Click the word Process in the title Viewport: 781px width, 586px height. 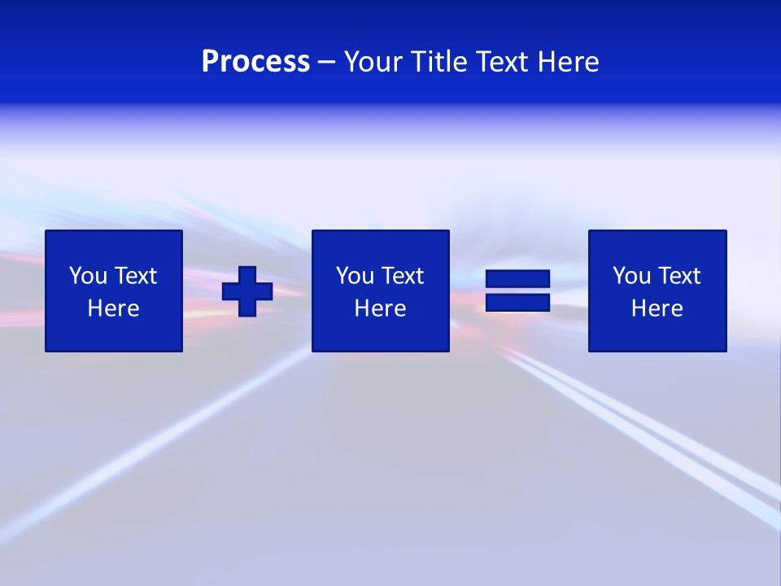tap(255, 62)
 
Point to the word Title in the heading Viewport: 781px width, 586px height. tap(438, 62)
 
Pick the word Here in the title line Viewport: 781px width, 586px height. tap(569, 62)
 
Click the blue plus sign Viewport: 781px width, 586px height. tap(247, 291)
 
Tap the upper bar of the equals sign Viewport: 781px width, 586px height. tap(517, 279)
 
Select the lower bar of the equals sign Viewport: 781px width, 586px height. tap(517, 302)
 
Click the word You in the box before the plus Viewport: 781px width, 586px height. tap(87, 276)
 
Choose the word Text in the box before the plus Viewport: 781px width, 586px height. tap(135, 276)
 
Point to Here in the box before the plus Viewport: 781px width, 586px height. tap(113, 308)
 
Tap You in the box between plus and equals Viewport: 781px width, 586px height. tap(354, 276)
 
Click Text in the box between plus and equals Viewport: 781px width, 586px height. tap(402, 276)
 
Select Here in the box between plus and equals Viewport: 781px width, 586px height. tap(380, 308)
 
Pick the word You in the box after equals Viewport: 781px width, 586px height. tap(630, 276)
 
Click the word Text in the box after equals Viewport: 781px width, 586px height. tap(678, 276)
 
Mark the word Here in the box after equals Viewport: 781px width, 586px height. tap(657, 308)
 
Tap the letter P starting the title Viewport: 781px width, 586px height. tap(210, 62)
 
